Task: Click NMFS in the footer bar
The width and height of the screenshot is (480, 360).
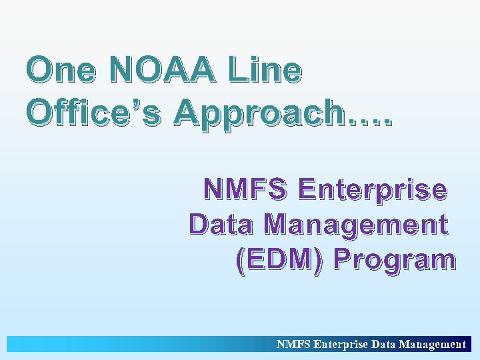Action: [293, 345]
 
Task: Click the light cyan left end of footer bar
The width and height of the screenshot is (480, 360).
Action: [27, 345]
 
